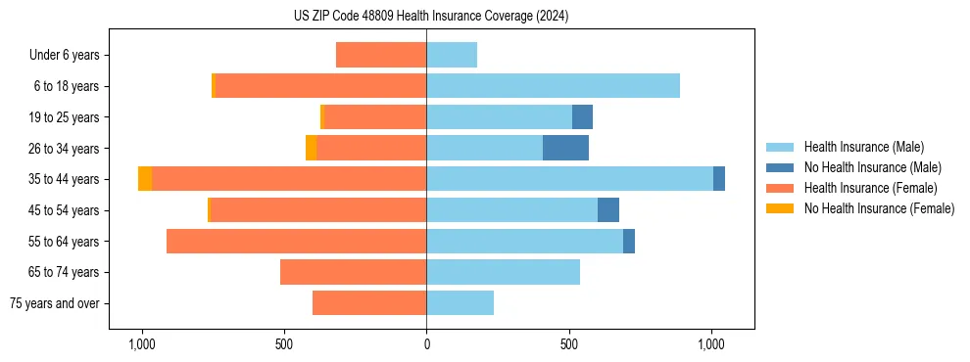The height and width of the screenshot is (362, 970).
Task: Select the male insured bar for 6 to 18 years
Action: [553, 86]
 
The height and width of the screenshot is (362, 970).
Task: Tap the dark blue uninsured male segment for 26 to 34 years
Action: [565, 148]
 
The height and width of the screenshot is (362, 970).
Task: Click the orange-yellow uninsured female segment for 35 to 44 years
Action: [145, 179]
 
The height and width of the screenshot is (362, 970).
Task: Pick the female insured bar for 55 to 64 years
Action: [296, 241]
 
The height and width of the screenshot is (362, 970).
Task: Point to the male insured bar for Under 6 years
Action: [452, 55]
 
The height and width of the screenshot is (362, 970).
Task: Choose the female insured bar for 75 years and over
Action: [369, 303]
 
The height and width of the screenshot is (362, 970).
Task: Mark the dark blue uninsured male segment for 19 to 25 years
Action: [582, 117]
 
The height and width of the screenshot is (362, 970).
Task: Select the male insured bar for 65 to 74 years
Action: [503, 272]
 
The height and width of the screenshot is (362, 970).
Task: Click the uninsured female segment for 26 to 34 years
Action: [311, 148]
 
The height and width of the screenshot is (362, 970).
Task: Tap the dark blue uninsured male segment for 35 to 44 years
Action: [719, 179]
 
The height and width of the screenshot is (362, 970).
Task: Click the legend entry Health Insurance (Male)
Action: [863, 148]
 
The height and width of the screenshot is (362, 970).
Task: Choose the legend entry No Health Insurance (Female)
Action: [879, 208]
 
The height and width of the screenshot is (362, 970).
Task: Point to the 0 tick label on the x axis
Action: [426, 344]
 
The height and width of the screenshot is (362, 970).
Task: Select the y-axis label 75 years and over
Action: [54, 303]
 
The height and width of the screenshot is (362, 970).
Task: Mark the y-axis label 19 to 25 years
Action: [65, 117]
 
